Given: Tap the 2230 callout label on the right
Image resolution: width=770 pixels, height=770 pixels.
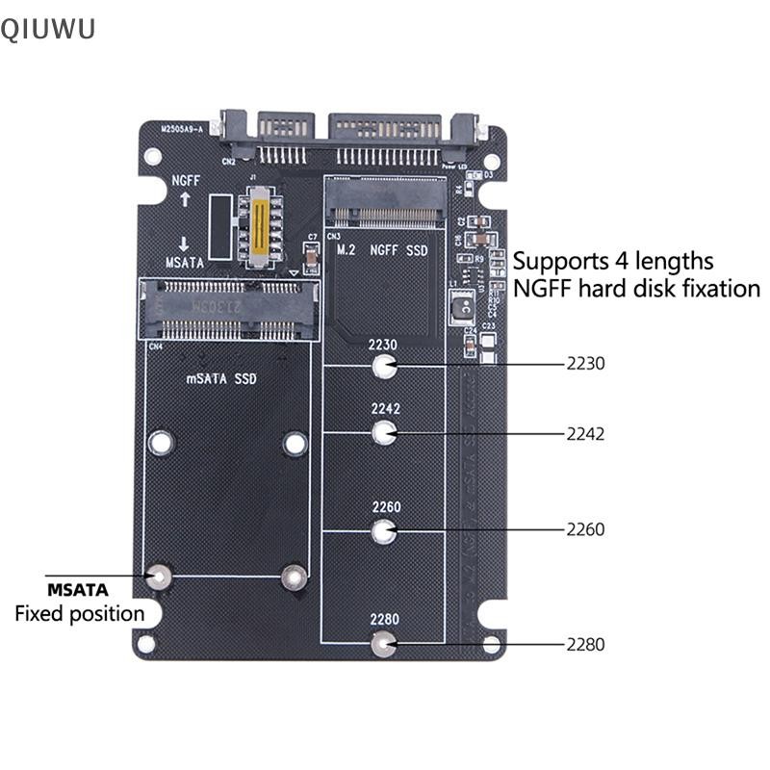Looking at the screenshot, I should (585, 365).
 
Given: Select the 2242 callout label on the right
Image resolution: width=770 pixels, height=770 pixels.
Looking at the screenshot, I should (585, 433).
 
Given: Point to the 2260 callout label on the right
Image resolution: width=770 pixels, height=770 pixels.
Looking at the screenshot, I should (585, 529).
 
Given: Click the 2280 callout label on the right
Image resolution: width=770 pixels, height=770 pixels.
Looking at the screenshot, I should (585, 645).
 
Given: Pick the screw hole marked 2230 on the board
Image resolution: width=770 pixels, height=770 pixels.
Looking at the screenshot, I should (384, 366).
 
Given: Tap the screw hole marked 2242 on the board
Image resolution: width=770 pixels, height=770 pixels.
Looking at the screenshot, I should (384, 433).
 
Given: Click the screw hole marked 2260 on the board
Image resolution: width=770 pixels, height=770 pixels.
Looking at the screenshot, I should (384, 530).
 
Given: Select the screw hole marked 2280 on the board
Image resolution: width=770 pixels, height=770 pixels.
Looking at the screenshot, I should (384, 644).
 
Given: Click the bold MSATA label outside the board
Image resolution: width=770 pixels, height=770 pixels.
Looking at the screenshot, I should (78, 589).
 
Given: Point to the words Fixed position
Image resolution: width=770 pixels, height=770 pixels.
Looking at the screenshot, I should (79, 614).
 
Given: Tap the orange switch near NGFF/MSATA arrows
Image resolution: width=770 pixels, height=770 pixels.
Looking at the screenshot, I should (258, 227).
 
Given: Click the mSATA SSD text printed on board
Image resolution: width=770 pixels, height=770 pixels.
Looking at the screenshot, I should (221, 379).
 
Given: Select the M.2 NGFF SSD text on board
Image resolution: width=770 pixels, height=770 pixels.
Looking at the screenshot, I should (383, 250).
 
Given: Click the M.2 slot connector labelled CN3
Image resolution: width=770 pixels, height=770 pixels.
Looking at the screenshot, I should (384, 205).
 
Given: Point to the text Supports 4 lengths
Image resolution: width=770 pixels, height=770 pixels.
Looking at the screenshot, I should (613, 261).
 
